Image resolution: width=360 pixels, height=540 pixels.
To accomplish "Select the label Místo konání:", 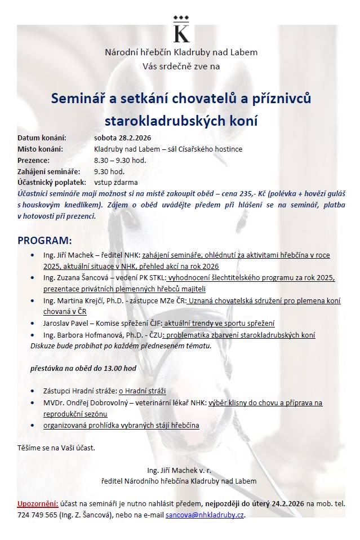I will [x=40, y=149].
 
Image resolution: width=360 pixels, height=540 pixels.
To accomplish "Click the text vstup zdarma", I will [x=115, y=183].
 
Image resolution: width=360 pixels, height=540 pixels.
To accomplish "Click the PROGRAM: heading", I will [x=45, y=241].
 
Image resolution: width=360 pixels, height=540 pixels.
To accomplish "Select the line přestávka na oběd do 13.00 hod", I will [x=83, y=368].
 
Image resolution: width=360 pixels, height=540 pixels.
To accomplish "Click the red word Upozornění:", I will [x=38, y=503].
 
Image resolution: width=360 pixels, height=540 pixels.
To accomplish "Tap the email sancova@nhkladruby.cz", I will [x=205, y=515].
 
